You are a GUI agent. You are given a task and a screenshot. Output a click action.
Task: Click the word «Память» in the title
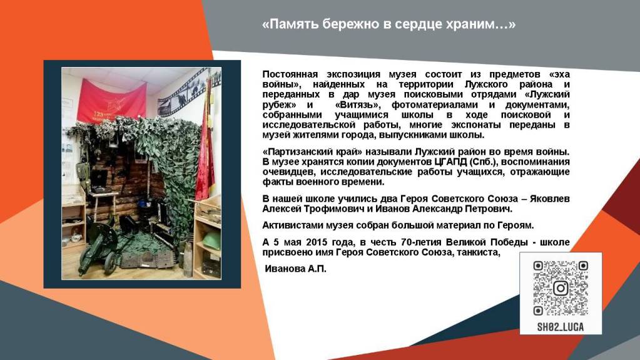pyautogui.click(x=291, y=24)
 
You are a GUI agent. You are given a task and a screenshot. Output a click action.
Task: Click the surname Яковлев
pyautogui.click(x=550, y=199)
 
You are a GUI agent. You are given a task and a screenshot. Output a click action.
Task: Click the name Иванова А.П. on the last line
pyautogui.click(x=295, y=269)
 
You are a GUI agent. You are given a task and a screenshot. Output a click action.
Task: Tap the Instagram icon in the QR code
pyautogui.click(x=561, y=289)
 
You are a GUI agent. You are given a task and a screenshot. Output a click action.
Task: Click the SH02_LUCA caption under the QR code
pyautogui.click(x=561, y=327)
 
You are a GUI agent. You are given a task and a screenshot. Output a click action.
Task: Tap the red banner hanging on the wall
pyautogui.click(x=111, y=101)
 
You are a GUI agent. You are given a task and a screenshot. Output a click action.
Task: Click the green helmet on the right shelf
pyautogui.click(x=211, y=241)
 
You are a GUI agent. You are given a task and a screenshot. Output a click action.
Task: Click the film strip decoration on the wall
pyautogui.click(x=188, y=93)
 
